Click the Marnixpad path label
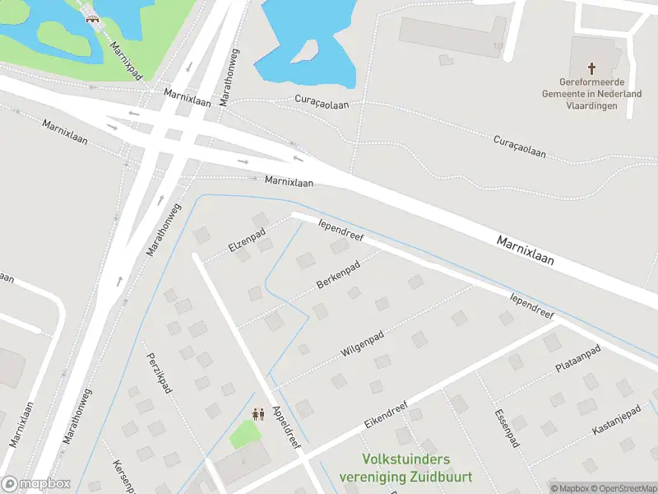point(126,61)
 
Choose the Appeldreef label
point(287,427)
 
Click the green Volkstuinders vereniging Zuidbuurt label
point(405,468)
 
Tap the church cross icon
point(591,68)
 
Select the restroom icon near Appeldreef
point(257,414)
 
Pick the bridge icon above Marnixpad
point(92,17)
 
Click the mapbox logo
point(35,484)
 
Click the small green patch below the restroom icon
point(243,434)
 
